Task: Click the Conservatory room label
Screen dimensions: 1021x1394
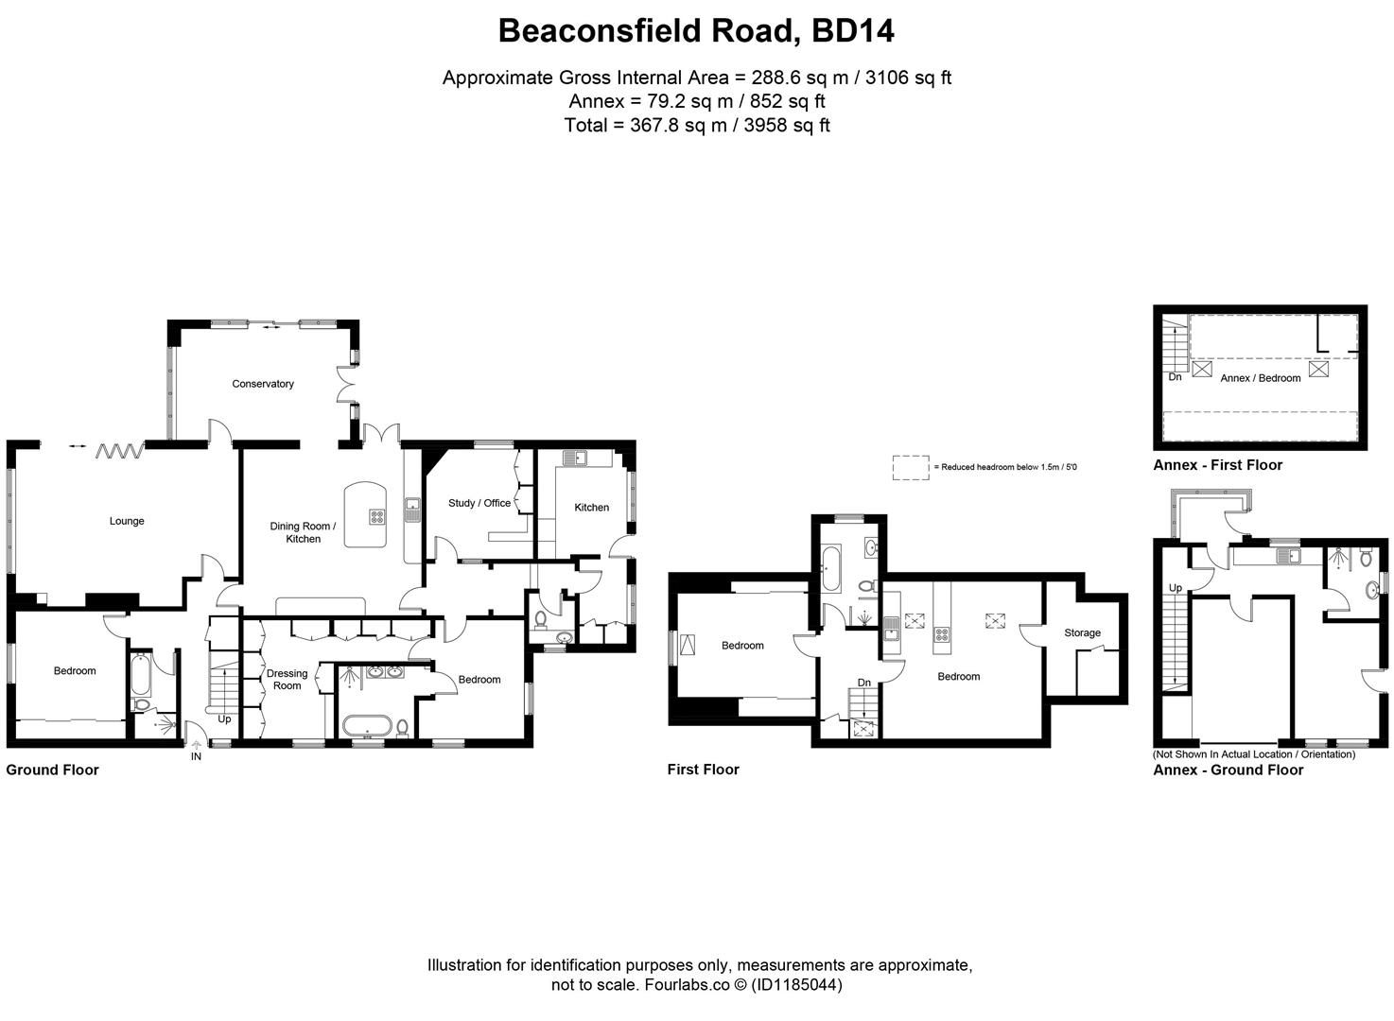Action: coord(263,384)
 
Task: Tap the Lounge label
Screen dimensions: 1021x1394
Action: coord(127,521)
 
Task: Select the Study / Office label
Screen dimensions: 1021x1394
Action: coord(479,503)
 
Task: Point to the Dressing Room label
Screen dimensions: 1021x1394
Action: coord(287,680)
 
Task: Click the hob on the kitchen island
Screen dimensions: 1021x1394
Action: coord(377,517)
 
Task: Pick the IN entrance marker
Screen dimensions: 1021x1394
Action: coord(196,757)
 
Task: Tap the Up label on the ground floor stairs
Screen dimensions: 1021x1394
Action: coord(224,719)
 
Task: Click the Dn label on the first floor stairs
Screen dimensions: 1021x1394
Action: coord(864,683)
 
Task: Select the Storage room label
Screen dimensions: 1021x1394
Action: coord(1082,633)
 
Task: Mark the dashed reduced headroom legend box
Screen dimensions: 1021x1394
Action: coord(911,467)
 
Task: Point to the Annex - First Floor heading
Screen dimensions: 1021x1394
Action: coord(1217,465)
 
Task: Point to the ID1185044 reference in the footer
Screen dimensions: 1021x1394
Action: coord(796,985)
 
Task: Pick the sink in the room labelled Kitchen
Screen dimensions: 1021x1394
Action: coord(574,459)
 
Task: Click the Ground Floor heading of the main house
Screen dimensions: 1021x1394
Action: coord(53,770)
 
